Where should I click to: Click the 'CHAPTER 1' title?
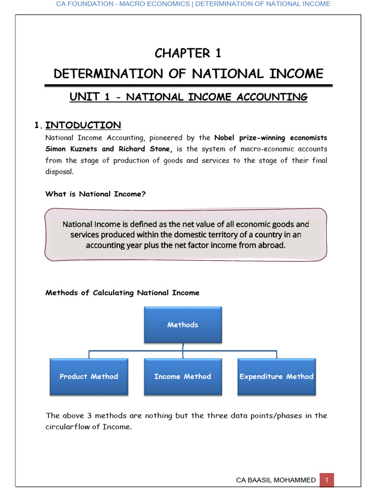(188, 53)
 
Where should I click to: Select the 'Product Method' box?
(89, 376)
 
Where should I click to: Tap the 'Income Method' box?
(183, 376)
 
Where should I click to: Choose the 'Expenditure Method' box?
(276, 376)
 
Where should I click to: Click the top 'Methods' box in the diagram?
(183, 324)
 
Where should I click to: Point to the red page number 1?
(327, 480)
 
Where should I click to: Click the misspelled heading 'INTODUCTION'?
(83, 125)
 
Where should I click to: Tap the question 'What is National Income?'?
(95, 194)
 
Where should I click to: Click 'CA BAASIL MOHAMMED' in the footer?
(276, 480)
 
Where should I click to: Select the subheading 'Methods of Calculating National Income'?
(122, 293)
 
